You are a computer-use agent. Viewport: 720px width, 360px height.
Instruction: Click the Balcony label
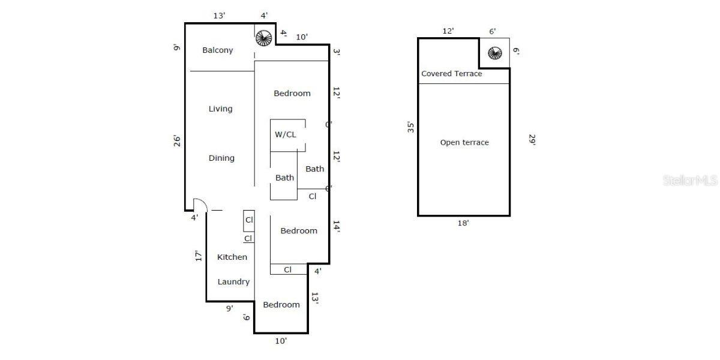(217, 50)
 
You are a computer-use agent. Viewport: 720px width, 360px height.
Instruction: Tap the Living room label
(220, 109)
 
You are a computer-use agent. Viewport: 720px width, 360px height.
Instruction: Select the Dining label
(221, 158)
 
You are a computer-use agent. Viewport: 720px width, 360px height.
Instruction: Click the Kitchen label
(232, 257)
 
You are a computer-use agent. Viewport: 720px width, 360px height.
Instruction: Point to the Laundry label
(233, 282)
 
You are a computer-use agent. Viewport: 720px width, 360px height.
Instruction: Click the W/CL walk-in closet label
(286, 134)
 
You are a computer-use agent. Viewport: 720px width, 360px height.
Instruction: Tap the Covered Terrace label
(451, 74)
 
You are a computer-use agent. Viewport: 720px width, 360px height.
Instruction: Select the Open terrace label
(464, 143)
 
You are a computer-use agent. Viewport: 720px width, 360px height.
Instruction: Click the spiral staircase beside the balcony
(263, 38)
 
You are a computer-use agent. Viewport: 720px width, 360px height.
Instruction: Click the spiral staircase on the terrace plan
(494, 53)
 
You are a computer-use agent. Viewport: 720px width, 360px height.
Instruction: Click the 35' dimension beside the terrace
(411, 127)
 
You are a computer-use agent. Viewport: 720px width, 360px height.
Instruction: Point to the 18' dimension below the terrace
(463, 223)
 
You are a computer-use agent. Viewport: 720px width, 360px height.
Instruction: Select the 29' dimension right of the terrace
(532, 139)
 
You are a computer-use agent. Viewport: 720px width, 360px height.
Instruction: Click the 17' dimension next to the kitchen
(198, 256)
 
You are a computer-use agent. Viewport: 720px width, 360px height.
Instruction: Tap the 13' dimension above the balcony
(220, 16)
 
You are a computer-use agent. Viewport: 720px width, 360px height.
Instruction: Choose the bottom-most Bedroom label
(281, 305)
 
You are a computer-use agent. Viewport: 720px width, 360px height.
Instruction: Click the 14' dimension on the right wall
(337, 227)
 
